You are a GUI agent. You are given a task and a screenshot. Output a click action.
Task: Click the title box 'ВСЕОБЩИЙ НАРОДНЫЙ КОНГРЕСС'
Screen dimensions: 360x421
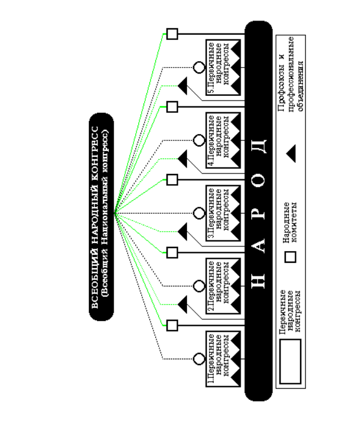101,217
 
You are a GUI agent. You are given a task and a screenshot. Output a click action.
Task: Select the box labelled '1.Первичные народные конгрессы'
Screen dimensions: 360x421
224,359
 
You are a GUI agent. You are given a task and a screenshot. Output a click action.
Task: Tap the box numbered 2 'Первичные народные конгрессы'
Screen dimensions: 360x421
224,286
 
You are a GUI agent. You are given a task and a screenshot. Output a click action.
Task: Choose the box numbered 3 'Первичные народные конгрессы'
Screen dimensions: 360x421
224,213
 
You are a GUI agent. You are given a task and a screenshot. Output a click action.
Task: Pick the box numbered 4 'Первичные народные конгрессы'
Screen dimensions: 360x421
224,140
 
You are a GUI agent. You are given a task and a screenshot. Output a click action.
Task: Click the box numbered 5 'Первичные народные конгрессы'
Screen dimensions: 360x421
224,68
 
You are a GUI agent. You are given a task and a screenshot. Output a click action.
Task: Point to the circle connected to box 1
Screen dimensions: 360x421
199,359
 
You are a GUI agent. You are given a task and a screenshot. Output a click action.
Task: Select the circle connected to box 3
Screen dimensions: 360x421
199,213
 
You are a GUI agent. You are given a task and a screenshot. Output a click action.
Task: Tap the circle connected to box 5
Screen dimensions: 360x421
199,68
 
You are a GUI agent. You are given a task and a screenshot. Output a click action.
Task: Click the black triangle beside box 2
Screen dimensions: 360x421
184,305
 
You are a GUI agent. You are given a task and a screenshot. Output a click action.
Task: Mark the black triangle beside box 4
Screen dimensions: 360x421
184,159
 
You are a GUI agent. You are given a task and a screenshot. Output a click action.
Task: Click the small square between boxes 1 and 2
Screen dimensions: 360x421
172,325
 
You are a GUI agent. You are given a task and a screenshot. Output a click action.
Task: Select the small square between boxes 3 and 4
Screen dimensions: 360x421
172,179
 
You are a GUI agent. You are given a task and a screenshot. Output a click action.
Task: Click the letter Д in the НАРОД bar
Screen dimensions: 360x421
259,146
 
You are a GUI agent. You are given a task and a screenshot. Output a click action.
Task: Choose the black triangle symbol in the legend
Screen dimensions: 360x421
292,153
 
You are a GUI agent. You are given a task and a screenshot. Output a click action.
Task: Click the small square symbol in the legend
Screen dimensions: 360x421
291,257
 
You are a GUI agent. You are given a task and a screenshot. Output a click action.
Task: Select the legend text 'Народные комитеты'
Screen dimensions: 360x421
290,222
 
